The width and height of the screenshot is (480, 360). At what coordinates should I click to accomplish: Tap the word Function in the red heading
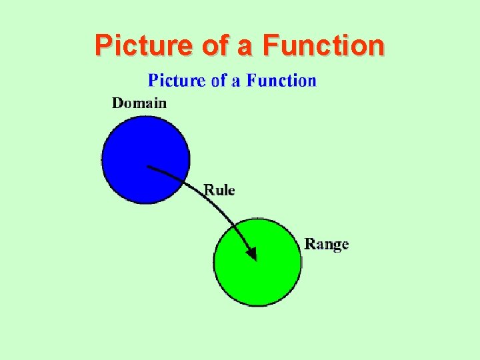[x=323, y=45]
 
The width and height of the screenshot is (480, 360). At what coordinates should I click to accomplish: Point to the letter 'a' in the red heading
[x=245, y=47]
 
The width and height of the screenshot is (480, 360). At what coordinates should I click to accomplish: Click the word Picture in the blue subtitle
[x=177, y=81]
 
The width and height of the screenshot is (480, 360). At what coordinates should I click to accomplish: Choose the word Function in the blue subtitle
[x=281, y=81]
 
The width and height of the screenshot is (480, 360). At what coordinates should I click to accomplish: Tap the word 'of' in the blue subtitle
[x=219, y=81]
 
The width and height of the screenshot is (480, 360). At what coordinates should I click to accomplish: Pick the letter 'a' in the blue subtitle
[x=236, y=82]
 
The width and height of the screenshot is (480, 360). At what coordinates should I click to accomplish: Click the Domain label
[x=139, y=103]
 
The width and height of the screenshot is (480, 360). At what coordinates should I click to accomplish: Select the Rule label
[x=219, y=190]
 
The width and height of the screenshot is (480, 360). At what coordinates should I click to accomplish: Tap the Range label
[x=327, y=244]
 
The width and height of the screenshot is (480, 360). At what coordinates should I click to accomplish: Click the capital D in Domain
[x=117, y=103]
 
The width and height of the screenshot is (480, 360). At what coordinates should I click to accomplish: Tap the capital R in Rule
[x=209, y=190]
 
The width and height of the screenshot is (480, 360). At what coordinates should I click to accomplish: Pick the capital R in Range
[x=310, y=243]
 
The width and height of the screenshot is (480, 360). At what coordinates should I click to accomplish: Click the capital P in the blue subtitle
[x=153, y=81]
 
